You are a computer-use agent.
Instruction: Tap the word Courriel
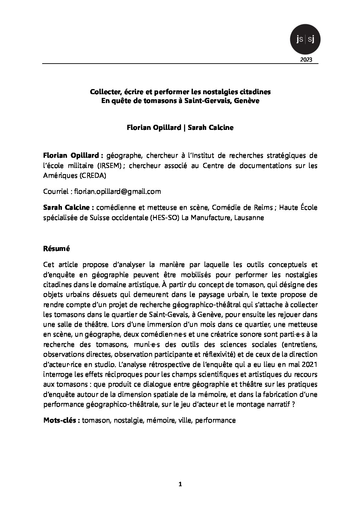point(56,191)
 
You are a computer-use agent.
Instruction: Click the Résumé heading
point(56,249)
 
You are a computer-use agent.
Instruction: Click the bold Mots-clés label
point(62,420)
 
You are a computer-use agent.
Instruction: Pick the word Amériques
point(55,175)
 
